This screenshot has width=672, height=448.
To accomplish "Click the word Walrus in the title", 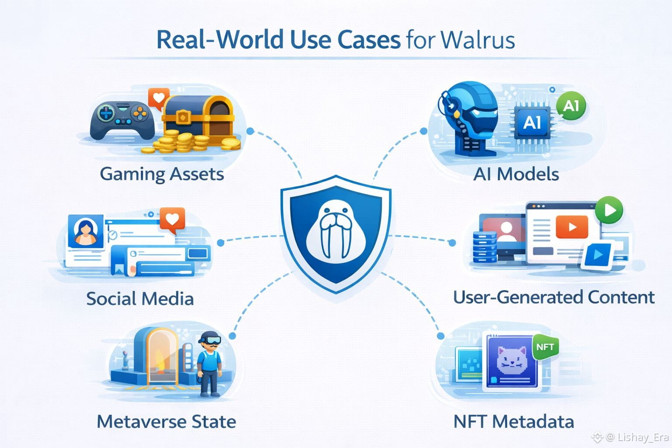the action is pyautogui.click(x=477, y=40).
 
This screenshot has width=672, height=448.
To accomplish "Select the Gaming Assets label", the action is pyautogui.click(x=162, y=174).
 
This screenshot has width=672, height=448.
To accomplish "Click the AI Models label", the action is pyautogui.click(x=516, y=174).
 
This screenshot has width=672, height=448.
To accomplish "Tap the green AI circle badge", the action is pyautogui.click(x=571, y=106).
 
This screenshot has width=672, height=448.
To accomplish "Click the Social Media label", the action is pyautogui.click(x=140, y=299).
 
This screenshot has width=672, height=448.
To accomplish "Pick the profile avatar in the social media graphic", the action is pyautogui.click(x=86, y=232).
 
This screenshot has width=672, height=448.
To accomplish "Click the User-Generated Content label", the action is pyautogui.click(x=554, y=297).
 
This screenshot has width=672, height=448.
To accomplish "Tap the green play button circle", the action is pyautogui.click(x=609, y=210).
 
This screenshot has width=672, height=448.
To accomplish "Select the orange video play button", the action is pyautogui.click(x=572, y=227).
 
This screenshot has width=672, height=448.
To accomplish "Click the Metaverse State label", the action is pyautogui.click(x=166, y=422).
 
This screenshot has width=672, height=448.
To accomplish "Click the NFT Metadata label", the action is pyautogui.click(x=514, y=422).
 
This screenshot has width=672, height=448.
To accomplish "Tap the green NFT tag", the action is pyautogui.click(x=545, y=347).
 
